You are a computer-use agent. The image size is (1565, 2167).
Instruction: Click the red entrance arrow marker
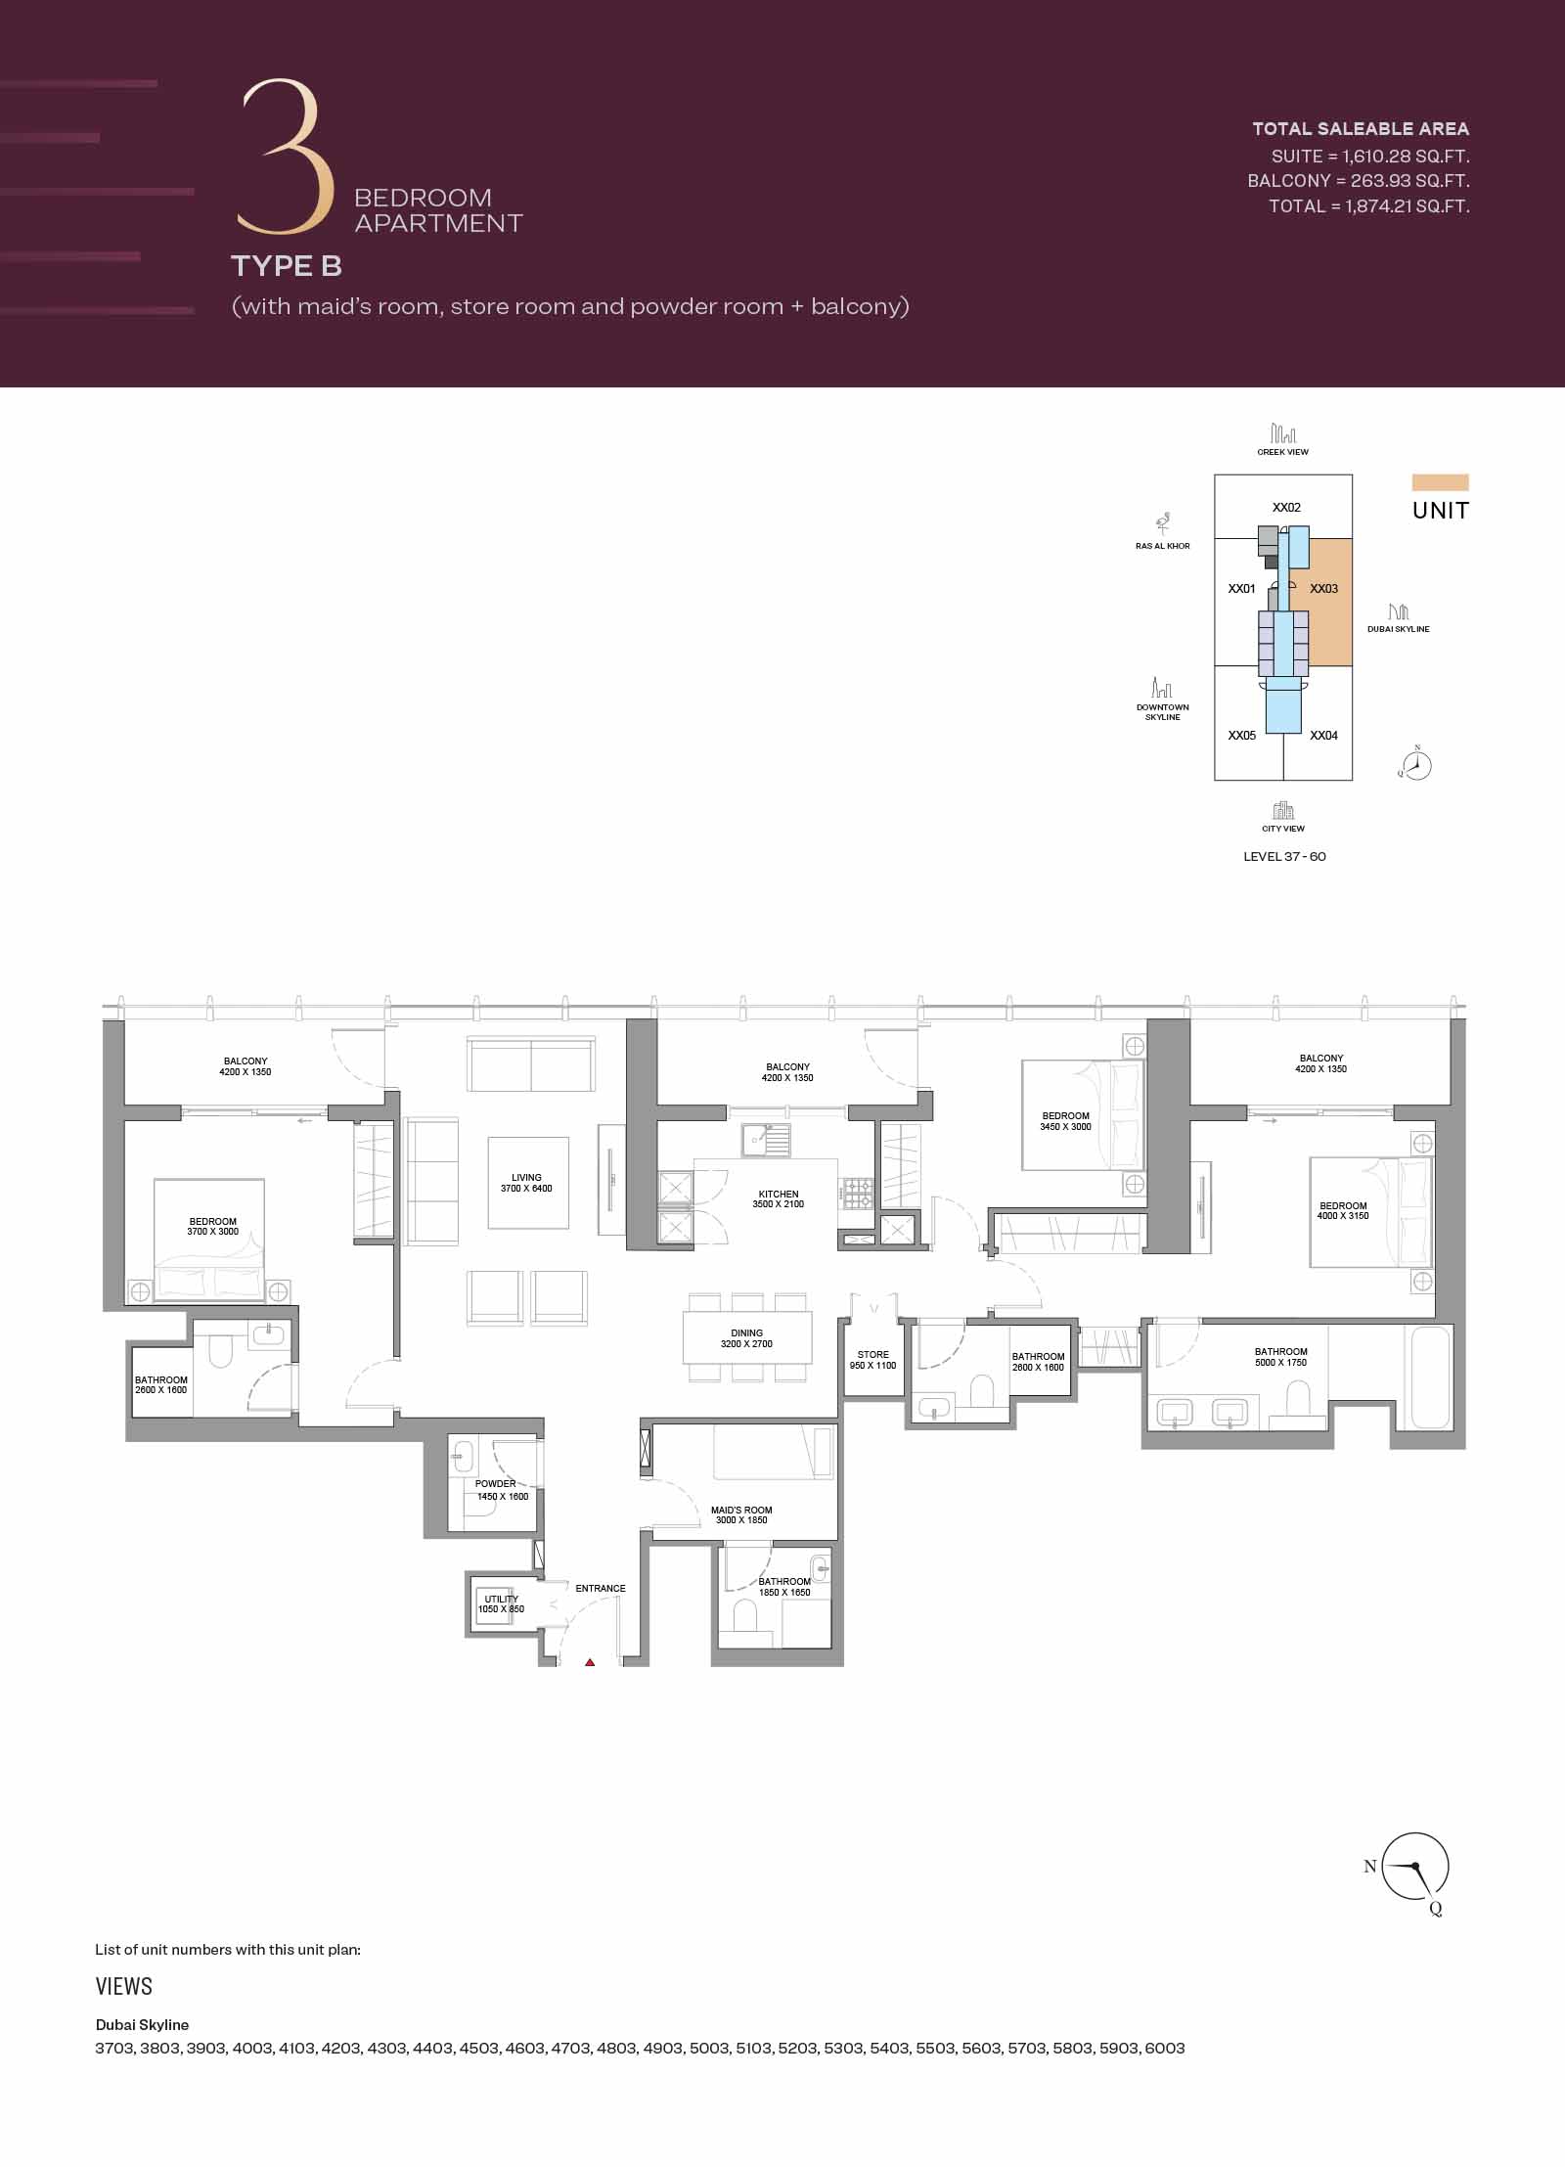pyautogui.click(x=590, y=1661)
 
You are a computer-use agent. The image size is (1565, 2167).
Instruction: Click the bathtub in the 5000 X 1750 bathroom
pyautogui.click(x=1429, y=1377)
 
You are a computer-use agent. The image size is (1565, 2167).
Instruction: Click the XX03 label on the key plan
pyautogui.click(x=1324, y=589)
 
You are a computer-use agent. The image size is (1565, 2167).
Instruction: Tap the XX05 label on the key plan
pyautogui.click(x=1242, y=736)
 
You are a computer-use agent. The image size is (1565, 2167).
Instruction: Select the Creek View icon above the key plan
pyautogui.click(x=1283, y=432)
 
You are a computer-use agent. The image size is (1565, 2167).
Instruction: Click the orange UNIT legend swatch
pyautogui.click(x=1441, y=482)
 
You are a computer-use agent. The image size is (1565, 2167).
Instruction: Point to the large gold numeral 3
pyautogui.click(x=281, y=157)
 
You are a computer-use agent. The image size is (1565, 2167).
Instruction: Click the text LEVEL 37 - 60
pyautogui.click(x=1285, y=856)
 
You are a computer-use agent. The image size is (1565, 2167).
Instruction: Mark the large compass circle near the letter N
pyautogui.click(x=1415, y=1866)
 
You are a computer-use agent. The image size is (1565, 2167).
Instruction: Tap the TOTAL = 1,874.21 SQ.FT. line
pyautogui.click(x=1369, y=206)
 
